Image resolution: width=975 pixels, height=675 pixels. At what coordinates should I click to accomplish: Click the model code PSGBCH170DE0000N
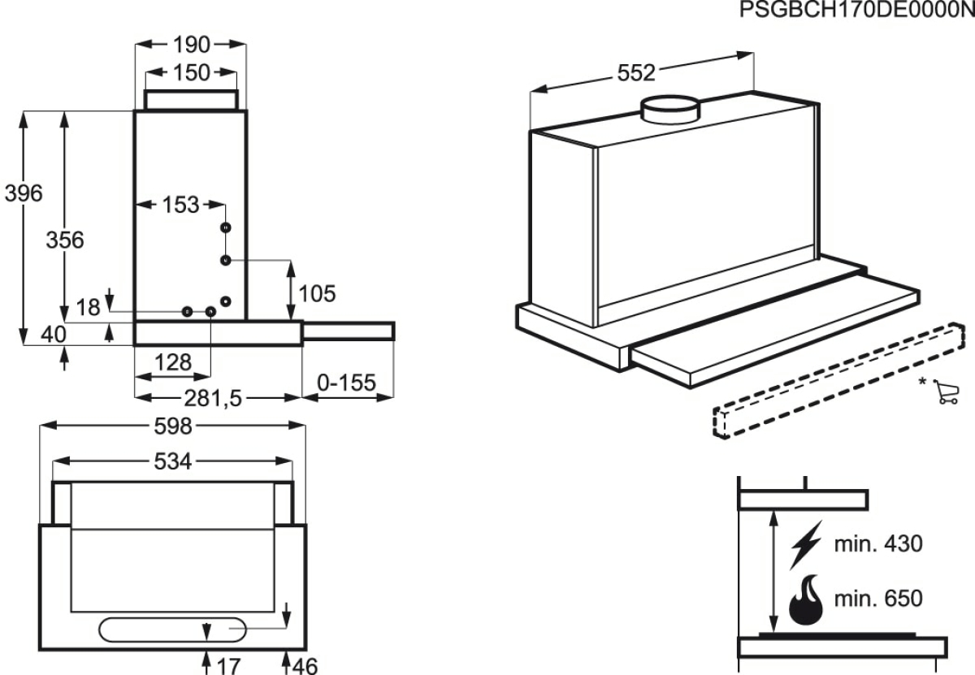pos(857,9)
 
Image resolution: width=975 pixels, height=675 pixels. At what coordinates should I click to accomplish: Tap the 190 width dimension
pos(192,45)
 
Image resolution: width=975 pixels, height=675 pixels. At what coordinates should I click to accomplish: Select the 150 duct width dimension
pos(192,72)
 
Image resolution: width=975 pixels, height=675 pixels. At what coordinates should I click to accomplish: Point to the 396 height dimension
pos(24,193)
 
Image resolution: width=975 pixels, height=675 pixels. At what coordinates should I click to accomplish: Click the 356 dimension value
pos(65,240)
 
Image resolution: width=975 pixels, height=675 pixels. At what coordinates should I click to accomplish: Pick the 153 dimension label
pos(180,205)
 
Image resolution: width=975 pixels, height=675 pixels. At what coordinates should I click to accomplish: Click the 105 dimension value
pos(317,294)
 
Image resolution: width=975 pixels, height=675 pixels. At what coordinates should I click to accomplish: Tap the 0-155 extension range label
pos(346,383)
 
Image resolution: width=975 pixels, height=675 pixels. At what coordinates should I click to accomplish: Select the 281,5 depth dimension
pos(212,398)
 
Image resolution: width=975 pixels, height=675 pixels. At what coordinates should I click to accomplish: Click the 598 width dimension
pos(173,426)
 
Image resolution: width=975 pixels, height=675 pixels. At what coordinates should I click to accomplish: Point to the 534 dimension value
pos(173,461)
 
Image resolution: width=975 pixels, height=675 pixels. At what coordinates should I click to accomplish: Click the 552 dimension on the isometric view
pos(636,73)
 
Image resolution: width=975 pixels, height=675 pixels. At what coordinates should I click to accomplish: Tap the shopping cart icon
pos(946,392)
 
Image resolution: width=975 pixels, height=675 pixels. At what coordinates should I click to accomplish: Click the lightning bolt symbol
pos(806,544)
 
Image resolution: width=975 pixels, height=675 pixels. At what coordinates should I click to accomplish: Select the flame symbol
pos(806,600)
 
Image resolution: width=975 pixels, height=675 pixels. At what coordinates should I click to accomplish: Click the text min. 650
pos(878,599)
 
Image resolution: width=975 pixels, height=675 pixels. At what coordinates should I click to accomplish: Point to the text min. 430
pos(878,543)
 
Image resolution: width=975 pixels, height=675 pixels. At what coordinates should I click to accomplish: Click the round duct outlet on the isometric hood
pos(670,109)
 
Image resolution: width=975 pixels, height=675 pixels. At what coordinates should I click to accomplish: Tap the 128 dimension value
pos(173,362)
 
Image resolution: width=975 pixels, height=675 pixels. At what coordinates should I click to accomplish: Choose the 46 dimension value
pos(305,666)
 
